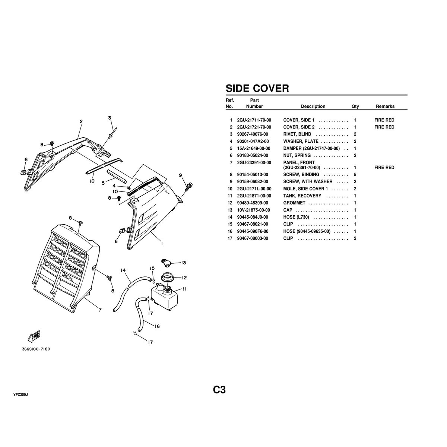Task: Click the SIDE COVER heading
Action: pyautogui.click(x=257, y=88)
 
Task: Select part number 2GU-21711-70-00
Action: pyautogui.click(x=254, y=120)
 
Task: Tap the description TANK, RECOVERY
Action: pyautogui.click(x=302, y=196)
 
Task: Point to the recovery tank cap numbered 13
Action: pyautogui.click(x=167, y=263)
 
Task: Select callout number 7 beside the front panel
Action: pyautogui.click(x=100, y=310)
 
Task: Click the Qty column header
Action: pyautogui.click(x=355, y=106)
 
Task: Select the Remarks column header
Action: pyautogui.click(x=385, y=106)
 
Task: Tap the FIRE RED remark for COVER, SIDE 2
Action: pyautogui.click(x=384, y=127)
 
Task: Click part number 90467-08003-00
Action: pyautogui.click(x=252, y=238)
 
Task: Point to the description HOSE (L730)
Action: pyautogui.click(x=296, y=217)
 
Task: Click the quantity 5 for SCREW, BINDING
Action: pyautogui.click(x=355, y=175)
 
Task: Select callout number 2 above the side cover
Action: pyautogui.click(x=81, y=121)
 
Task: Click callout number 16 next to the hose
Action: pyautogui.click(x=157, y=326)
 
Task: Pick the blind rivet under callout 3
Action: pyautogui.click(x=113, y=132)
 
